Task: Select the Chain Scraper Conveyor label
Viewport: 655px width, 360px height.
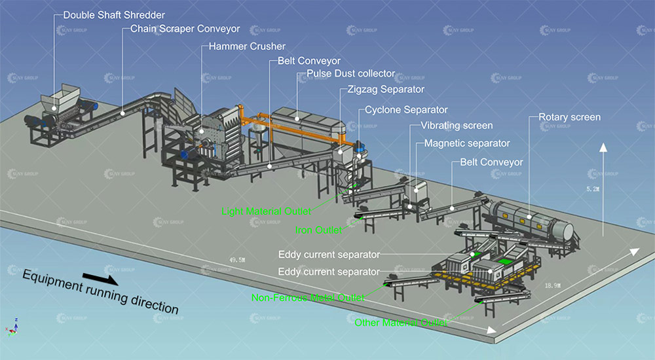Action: tap(185, 29)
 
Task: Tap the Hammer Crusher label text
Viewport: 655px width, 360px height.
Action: tap(247, 46)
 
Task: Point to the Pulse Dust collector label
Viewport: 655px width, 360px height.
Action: tap(350, 74)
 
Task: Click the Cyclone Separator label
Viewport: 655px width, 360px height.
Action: tap(406, 110)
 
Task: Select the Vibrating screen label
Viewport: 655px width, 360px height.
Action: tap(457, 126)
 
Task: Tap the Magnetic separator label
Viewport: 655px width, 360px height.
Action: tap(467, 143)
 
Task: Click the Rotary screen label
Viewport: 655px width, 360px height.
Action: tap(569, 117)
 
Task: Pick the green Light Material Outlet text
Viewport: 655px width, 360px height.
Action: tap(266, 211)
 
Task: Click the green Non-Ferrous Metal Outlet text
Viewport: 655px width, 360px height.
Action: tap(308, 298)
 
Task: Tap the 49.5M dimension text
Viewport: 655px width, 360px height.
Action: tap(237, 260)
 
